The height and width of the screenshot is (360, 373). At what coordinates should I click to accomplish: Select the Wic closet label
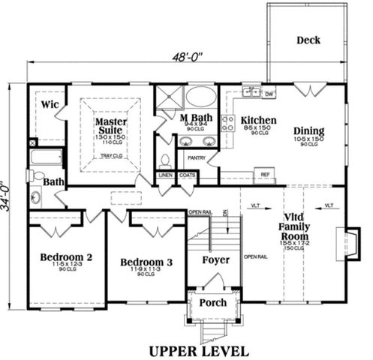click(x=50, y=103)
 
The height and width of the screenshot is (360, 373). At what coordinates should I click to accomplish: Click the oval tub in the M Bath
click(x=200, y=97)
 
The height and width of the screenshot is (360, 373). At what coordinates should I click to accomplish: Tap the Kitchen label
click(x=258, y=121)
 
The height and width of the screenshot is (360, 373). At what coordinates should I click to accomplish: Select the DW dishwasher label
click(x=269, y=94)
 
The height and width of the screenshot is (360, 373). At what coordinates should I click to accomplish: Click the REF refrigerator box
click(x=264, y=174)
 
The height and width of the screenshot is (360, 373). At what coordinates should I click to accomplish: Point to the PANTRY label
click(x=197, y=159)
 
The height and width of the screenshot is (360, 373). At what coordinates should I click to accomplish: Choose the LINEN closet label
click(x=165, y=175)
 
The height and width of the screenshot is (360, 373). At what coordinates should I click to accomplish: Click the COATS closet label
click(x=187, y=175)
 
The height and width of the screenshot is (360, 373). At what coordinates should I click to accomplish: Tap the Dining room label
click(x=308, y=130)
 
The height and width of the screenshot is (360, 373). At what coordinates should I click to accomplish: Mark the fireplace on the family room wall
click(x=351, y=238)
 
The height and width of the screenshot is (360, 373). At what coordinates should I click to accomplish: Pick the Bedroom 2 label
click(x=66, y=257)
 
